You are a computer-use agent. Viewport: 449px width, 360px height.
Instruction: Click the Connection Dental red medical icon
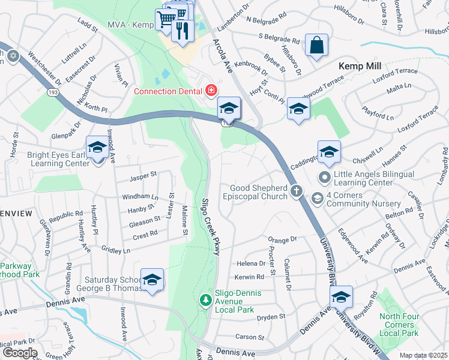[211, 91]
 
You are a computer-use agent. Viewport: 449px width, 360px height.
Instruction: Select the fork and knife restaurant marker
[182, 30]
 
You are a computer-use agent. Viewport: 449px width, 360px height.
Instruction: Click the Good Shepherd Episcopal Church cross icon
[296, 191]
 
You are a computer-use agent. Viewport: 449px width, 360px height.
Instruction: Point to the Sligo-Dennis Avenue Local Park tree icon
[205, 299]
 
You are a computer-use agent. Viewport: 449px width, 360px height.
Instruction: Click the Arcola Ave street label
[222, 56]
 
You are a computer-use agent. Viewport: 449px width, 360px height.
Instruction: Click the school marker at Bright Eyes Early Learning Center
[97, 148]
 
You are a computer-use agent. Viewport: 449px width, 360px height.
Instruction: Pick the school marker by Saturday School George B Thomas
[152, 280]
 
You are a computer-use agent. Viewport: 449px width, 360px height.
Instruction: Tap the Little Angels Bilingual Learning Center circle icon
[325, 177]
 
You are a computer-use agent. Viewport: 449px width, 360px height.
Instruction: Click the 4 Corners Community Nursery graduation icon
[317, 197]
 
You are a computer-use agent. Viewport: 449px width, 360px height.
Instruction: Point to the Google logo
[19, 353]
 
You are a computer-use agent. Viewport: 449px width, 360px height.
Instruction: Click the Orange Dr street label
[283, 239]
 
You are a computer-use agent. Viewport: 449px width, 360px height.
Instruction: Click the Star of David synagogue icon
[13, 56]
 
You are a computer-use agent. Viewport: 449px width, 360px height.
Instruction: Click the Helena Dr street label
[251, 263]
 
